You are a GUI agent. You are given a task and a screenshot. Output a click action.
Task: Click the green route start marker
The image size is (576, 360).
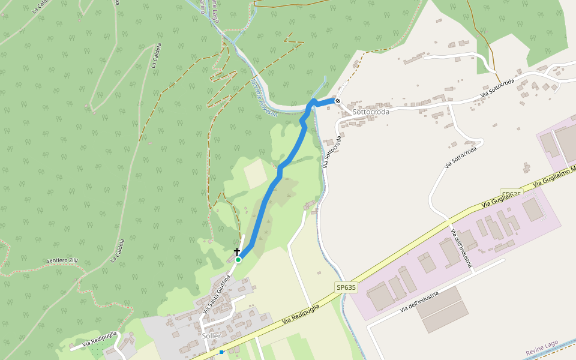[x=238, y=260]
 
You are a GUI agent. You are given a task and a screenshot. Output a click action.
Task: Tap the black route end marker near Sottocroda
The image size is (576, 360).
[x=338, y=101]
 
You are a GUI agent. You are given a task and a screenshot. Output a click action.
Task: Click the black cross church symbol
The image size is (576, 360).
[x=237, y=252]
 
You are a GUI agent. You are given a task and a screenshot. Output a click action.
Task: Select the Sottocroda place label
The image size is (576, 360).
[x=371, y=112]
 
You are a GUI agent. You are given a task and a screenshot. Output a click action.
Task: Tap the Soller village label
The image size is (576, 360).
[x=211, y=336]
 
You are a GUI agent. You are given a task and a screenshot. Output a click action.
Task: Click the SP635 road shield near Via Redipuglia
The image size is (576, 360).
[x=346, y=287]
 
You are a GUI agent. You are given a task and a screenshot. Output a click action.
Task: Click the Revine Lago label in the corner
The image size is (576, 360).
[x=542, y=347]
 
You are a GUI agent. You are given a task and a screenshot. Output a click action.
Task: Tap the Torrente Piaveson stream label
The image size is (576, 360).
[x=264, y=96]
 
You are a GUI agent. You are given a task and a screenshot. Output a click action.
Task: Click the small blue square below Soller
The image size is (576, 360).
[x=221, y=352]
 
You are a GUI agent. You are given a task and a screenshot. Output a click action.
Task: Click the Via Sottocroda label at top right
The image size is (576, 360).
[x=497, y=89]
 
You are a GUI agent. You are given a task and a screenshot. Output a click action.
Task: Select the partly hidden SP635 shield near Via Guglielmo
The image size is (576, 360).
[x=511, y=194]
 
